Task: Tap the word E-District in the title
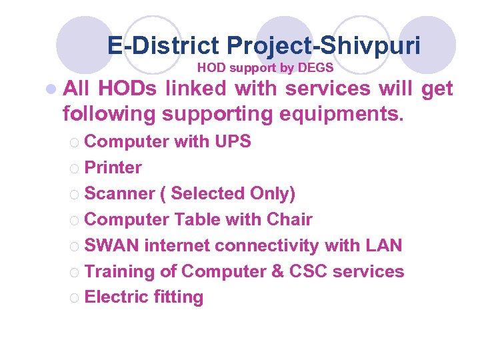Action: click(x=163, y=46)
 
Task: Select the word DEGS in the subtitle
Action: click(x=317, y=67)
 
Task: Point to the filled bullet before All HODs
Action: click(x=53, y=89)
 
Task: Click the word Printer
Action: click(x=113, y=167)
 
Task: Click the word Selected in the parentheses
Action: click(x=207, y=193)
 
